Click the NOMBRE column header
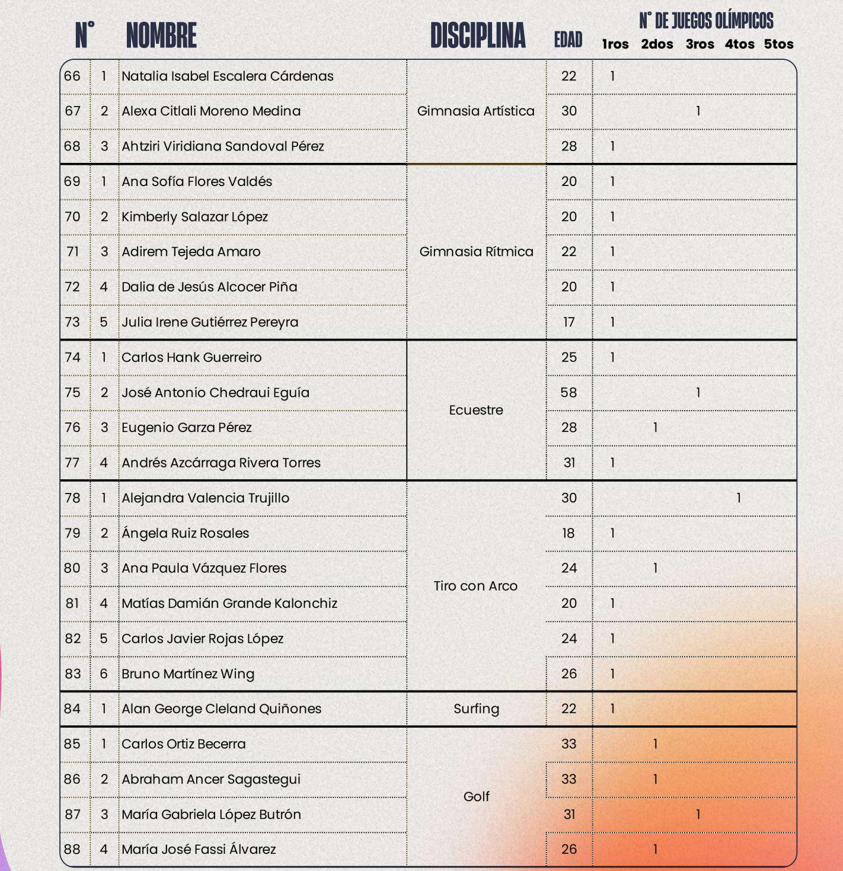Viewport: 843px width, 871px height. [161, 36]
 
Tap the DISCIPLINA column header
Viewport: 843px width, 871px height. [478, 36]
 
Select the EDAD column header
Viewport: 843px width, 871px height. [568, 40]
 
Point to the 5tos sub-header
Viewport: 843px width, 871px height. [778, 44]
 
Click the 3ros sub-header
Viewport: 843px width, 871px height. [700, 44]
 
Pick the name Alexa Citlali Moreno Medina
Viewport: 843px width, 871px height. [211, 111]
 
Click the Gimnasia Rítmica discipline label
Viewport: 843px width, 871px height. [476, 252]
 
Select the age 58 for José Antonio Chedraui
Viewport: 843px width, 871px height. [569, 392]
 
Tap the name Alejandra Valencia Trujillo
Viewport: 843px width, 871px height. [205, 498]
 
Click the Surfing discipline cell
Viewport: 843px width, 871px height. [476, 709]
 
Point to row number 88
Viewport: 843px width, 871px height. [72, 849]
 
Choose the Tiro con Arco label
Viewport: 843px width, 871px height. [475, 586]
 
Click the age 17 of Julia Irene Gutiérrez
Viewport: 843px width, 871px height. [569, 322]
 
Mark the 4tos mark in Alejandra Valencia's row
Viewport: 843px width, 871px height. [739, 498]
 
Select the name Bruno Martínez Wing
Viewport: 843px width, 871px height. [188, 674]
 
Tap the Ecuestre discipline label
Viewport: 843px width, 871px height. [476, 410]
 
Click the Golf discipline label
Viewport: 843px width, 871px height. [476, 796]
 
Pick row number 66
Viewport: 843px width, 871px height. [72, 76]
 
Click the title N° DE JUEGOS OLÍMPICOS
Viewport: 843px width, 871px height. [706, 21]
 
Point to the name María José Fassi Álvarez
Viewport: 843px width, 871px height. [199, 849]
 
